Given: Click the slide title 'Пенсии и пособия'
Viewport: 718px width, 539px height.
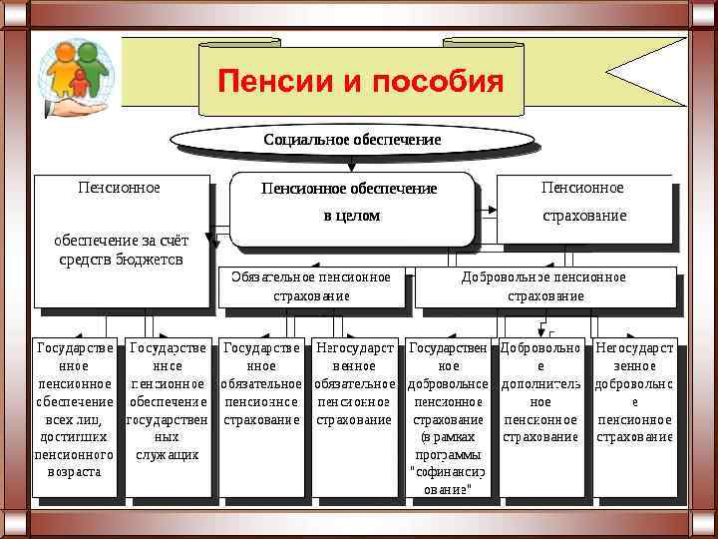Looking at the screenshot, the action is [361, 81].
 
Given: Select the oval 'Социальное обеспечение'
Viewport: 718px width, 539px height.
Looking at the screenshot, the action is [351, 140].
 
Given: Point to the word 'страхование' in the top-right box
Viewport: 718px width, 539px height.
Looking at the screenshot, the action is [584, 216].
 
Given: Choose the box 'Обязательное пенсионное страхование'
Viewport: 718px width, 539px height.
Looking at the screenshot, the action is [312, 286].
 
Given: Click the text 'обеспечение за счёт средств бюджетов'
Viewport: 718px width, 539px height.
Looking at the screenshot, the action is [121, 250].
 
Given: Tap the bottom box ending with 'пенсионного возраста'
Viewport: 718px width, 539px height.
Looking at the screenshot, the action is [74, 415].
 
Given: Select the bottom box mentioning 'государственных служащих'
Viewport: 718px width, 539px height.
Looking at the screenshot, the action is [168, 415].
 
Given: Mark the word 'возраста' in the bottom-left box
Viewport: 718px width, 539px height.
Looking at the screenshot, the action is [74, 471].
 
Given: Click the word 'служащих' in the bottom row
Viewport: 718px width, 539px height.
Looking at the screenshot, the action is [168, 454].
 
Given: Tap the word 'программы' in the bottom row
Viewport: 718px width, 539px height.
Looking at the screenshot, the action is [448, 454].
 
